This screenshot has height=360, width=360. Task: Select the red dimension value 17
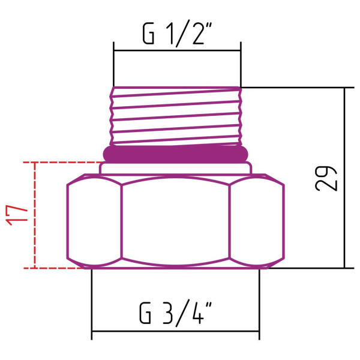(x=19, y=214)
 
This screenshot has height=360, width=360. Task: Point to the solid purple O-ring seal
(x=175, y=153)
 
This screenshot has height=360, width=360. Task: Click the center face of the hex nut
(x=175, y=223)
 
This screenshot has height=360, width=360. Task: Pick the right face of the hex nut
(x=257, y=223)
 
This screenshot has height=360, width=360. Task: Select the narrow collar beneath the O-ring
(x=175, y=168)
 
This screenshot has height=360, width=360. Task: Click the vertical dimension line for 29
(x=345, y=178)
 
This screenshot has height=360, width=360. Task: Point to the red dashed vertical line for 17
(x=35, y=215)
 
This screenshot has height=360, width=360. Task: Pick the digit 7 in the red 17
(x=19, y=208)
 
